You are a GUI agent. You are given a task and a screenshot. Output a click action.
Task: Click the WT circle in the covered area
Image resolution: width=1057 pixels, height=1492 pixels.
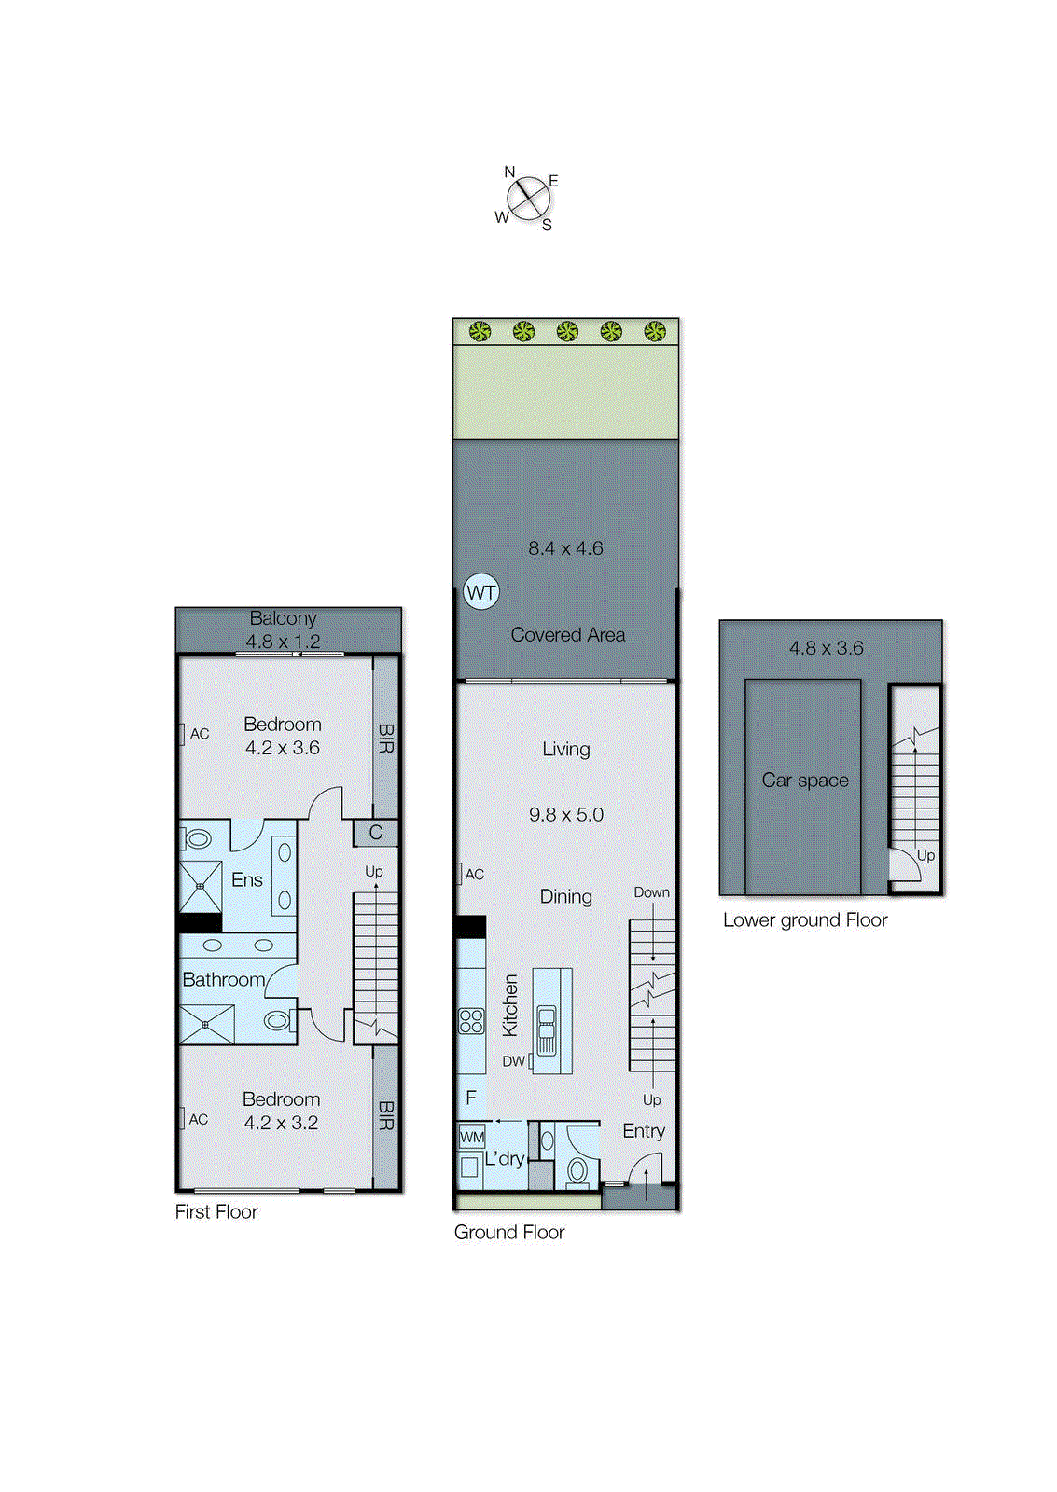tap(481, 592)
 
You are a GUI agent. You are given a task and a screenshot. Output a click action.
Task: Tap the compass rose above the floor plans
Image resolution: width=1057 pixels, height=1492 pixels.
tap(527, 199)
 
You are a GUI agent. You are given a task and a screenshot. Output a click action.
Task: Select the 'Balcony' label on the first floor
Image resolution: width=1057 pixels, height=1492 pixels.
tap(283, 618)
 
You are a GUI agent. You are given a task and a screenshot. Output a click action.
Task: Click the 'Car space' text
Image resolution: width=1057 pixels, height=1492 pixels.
tap(805, 781)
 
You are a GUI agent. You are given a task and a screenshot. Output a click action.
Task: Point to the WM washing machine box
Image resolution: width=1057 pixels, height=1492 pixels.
tap(472, 1137)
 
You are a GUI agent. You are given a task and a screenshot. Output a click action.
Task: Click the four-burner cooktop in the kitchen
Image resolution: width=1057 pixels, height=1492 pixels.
tap(471, 1021)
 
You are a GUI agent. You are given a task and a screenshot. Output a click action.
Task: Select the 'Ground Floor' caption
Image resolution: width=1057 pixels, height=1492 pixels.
tap(509, 1232)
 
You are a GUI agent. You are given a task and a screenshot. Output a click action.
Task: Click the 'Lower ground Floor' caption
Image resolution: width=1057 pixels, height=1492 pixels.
tap(805, 920)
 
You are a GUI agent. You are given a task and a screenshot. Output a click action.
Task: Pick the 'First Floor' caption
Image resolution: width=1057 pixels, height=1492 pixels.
tap(216, 1211)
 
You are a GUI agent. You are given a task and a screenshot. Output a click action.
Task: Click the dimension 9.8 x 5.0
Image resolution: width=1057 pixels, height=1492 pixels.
tap(566, 815)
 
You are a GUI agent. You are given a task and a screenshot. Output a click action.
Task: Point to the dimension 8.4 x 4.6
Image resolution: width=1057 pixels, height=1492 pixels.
tap(565, 548)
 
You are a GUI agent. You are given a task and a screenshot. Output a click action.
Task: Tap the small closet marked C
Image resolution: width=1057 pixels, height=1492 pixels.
tap(376, 833)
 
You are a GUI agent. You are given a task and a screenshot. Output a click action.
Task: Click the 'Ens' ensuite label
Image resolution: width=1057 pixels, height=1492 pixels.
tap(247, 879)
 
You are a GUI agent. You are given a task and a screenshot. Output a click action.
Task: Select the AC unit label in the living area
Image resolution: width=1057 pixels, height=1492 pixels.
tap(474, 875)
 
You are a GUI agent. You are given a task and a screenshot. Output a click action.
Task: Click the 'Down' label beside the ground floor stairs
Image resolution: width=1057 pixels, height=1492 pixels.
tap(651, 892)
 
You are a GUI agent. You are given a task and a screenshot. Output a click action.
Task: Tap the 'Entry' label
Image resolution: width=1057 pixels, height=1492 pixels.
tap(644, 1131)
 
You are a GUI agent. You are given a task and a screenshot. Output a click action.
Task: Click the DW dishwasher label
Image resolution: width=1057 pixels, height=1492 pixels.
tap(513, 1061)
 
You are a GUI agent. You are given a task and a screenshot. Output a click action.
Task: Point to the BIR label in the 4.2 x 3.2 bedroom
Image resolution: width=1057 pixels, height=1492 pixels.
tap(386, 1115)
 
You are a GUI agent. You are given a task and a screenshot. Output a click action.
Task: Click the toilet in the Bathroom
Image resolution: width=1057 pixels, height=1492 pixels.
tap(276, 1021)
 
